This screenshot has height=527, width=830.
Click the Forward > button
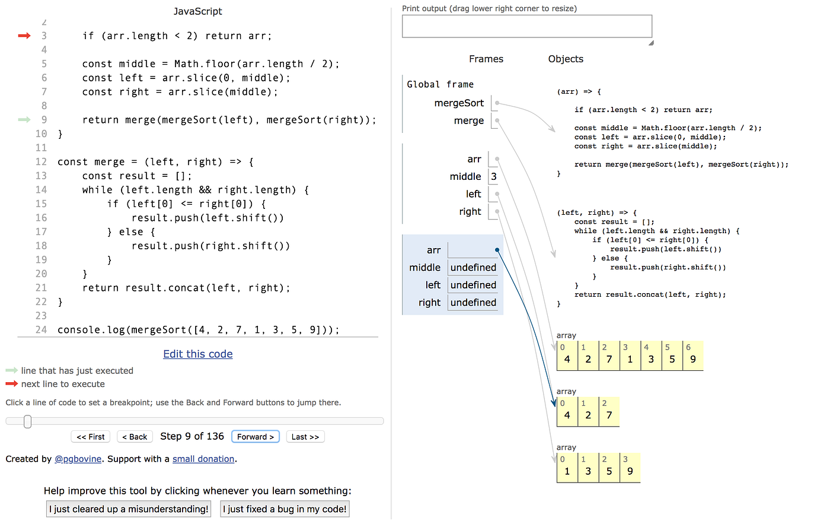[256, 437]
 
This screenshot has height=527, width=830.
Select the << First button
[91, 437]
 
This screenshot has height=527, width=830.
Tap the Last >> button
[305, 437]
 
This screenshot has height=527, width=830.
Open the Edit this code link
[198, 354]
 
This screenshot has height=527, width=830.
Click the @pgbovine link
[78, 459]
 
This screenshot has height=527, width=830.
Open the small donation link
[203, 459]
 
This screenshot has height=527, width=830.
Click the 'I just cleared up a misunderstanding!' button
[129, 509]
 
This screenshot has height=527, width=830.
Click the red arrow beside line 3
[24, 36]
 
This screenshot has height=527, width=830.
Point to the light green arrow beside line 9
[24, 120]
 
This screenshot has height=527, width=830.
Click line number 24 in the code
[41, 329]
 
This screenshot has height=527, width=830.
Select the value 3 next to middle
[494, 176]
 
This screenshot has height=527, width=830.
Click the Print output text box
[527, 27]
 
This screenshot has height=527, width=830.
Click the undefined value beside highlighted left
[473, 285]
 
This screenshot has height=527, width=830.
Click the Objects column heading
[566, 59]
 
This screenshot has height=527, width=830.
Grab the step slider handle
[27, 421]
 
